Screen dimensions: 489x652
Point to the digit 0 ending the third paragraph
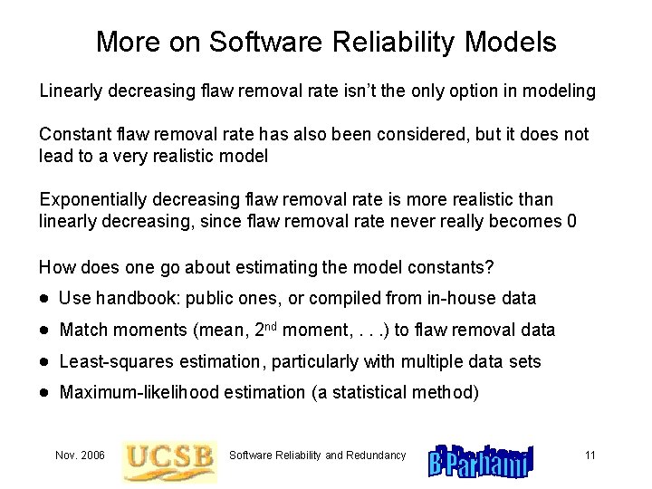[x=570, y=221]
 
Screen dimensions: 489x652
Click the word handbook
[x=132, y=298]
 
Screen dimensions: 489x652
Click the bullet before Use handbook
[x=44, y=299]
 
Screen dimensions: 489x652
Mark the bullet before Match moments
[x=44, y=331]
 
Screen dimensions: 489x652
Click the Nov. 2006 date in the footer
[x=80, y=455]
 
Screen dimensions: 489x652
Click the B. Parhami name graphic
[x=481, y=460]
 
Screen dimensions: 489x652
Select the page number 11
[x=590, y=455]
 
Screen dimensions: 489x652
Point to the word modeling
[x=561, y=91]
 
